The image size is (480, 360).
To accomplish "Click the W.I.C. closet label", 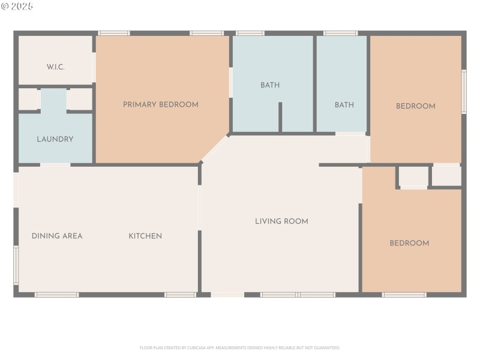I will click(x=55, y=67).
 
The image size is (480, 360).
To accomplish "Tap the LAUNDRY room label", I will click(x=55, y=139).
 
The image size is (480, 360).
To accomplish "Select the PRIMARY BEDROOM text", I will click(x=160, y=104).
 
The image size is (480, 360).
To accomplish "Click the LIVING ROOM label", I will click(x=281, y=221).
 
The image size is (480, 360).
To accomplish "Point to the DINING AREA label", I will click(x=57, y=236).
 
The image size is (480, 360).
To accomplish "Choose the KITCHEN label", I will click(x=145, y=236).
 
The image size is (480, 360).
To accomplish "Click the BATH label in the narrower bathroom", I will click(x=344, y=105).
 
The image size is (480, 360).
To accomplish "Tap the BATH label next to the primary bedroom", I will click(x=270, y=85).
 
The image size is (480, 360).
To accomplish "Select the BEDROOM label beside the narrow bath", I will click(x=415, y=106).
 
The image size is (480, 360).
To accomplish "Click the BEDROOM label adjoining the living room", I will click(x=409, y=243).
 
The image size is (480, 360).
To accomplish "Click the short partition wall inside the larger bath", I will click(x=280, y=117).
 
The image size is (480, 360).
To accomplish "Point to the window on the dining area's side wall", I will click(x=16, y=265).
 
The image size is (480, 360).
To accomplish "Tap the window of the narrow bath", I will click(x=340, y=33).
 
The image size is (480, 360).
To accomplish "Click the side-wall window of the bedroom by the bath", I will click(x=463, y=92).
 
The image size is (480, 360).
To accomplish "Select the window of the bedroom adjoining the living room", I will click(x=404, y=295).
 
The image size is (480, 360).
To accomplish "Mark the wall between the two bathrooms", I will click(x=314, y=84).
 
